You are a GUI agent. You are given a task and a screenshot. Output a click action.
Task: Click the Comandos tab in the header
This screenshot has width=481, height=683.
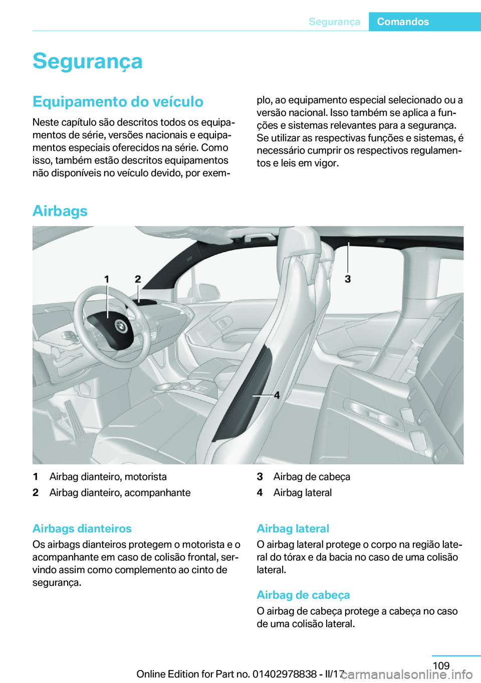coord(403,22)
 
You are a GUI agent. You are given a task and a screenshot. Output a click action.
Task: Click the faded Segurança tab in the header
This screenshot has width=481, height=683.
coord(334,22)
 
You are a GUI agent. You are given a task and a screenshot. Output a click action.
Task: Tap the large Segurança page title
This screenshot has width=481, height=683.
coord(88,61)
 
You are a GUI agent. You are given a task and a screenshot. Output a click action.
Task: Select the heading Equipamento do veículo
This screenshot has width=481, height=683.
coord(118,101)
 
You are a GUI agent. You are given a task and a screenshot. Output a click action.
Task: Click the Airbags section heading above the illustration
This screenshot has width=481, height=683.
coord(60,211)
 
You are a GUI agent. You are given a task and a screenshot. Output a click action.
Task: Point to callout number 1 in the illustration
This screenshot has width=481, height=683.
coord(107,279)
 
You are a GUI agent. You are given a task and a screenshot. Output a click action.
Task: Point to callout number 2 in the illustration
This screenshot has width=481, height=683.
coord(138,279)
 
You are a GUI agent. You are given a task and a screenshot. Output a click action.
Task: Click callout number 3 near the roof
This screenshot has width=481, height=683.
coord(348,279)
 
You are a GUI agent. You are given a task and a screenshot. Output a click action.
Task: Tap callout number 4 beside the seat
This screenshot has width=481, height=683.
coord(277,395)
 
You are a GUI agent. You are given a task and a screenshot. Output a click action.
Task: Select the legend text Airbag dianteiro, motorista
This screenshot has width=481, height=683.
coord(108,476)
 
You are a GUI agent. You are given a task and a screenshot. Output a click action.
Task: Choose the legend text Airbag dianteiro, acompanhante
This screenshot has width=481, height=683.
coord(120,492)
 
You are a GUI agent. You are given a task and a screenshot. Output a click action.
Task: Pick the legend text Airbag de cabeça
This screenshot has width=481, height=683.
coord(312,476)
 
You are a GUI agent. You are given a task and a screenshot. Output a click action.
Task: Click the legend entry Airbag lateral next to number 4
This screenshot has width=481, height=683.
coord(303,492)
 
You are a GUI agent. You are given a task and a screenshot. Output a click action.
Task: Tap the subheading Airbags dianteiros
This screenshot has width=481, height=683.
coord(82,529)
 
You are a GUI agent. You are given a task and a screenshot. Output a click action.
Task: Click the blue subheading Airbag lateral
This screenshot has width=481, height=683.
coord(293,529)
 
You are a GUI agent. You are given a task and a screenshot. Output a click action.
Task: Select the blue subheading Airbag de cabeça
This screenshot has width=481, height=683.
coord(303,595)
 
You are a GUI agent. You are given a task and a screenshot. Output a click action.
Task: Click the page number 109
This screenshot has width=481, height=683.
coord(441,665)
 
